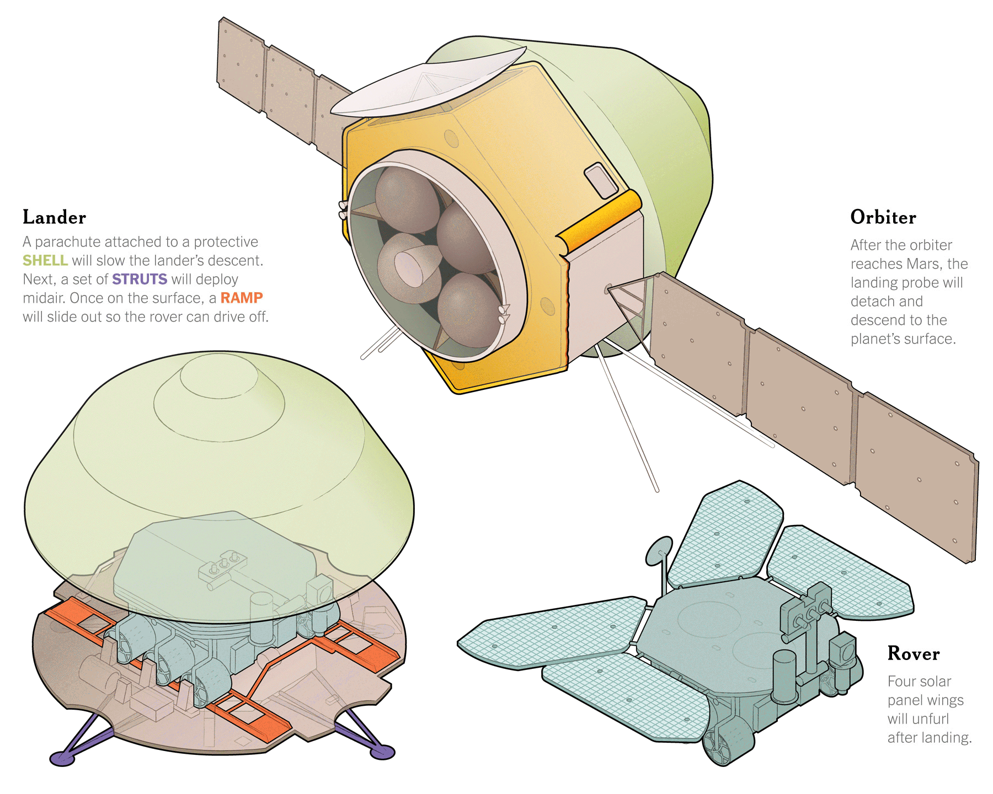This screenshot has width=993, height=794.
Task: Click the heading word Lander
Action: coord(54,217)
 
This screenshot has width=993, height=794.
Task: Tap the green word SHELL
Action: coord(45,260)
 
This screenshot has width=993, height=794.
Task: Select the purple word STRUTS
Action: coord(139,279)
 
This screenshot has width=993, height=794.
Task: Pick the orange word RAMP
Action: coord(241,298)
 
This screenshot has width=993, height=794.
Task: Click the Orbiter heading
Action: coord(883,217)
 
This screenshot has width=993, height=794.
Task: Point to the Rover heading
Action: coord(913,653)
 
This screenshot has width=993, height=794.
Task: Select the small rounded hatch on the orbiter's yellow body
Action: coord(601,180)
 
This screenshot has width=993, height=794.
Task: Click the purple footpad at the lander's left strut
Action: coord(62,758)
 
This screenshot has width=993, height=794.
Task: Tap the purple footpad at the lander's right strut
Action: coord(382,752)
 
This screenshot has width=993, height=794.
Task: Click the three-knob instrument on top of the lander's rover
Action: coord(224,565)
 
